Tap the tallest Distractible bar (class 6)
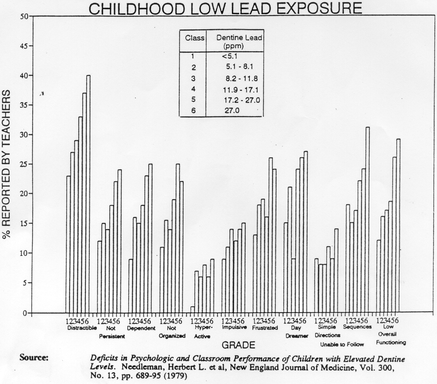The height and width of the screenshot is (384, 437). (88, 194)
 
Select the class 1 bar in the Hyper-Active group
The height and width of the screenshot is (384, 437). (192, 310)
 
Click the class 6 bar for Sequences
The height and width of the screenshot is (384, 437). (367, 219)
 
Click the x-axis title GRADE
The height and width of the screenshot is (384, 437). (238, 345)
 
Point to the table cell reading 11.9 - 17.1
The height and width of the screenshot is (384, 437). (234, 90)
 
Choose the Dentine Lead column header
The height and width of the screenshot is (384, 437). (239, 41)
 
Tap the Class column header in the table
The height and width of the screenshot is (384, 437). (194, 38)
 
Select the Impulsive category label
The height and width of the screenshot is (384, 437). (234, 327)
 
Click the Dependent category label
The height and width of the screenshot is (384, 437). (141, 328)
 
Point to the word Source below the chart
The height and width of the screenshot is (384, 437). (34, 358)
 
